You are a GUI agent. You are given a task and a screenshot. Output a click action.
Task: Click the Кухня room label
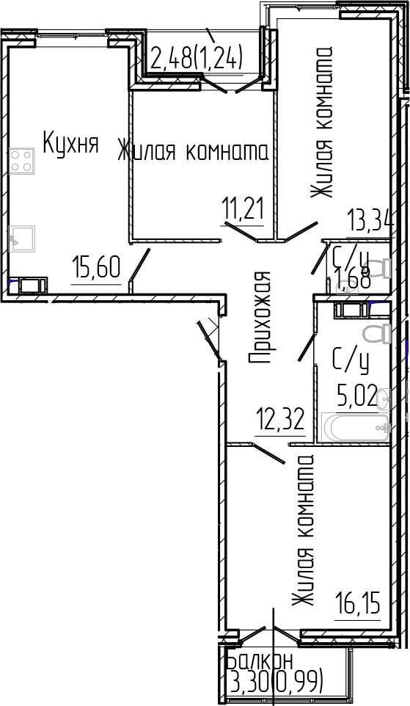click(70, 143)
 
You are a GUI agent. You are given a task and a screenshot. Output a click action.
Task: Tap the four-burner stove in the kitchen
click(23, 161)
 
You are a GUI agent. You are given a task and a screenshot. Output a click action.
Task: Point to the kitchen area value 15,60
click(95, 268)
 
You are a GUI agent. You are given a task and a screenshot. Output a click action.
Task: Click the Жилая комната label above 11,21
click(193, 151)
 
